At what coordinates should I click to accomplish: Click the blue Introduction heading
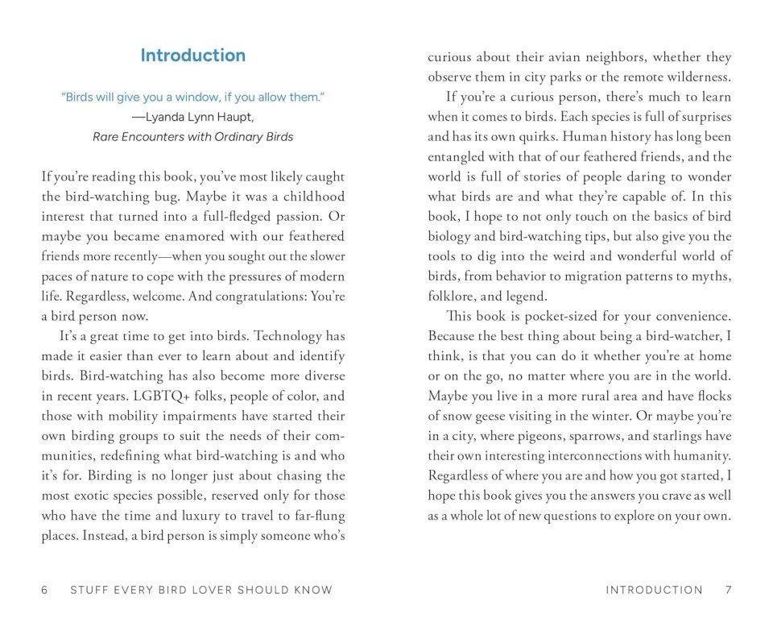[192, 56]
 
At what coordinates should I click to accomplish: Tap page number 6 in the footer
[45, 590]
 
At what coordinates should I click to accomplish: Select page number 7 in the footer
[728, 590]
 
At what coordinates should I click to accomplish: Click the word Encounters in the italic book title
[155, 136]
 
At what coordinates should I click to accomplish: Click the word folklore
[454, 295]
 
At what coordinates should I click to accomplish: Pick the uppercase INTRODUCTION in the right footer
[654, 590]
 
